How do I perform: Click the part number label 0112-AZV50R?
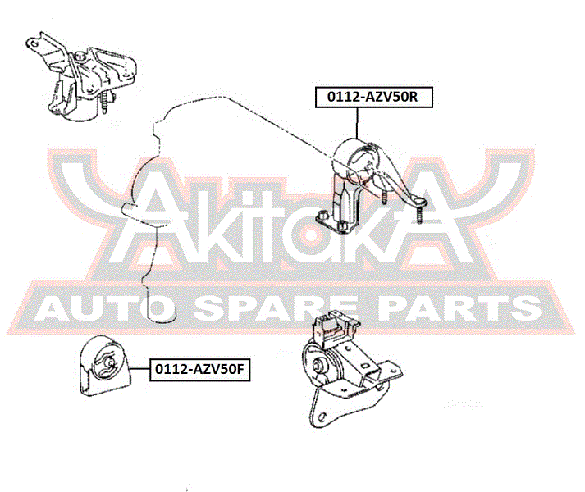click(x=374, y=97)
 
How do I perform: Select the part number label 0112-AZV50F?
click(x=199, y=370)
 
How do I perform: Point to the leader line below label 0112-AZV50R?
click(x=357, y=124)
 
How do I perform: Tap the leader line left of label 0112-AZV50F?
click(x=140, y=368)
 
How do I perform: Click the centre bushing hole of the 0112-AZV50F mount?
click(x=109, y=362)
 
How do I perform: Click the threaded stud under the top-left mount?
click(x=104, y=102)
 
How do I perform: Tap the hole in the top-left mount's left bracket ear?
click(x=34, y=43)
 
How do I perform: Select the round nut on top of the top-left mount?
click(x=80, y=57)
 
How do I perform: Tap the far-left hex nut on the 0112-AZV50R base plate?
click(x=322, y=215)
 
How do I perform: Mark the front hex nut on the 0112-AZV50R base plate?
click(x=341, y=225)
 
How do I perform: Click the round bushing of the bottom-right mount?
click(x=318, y=363)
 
